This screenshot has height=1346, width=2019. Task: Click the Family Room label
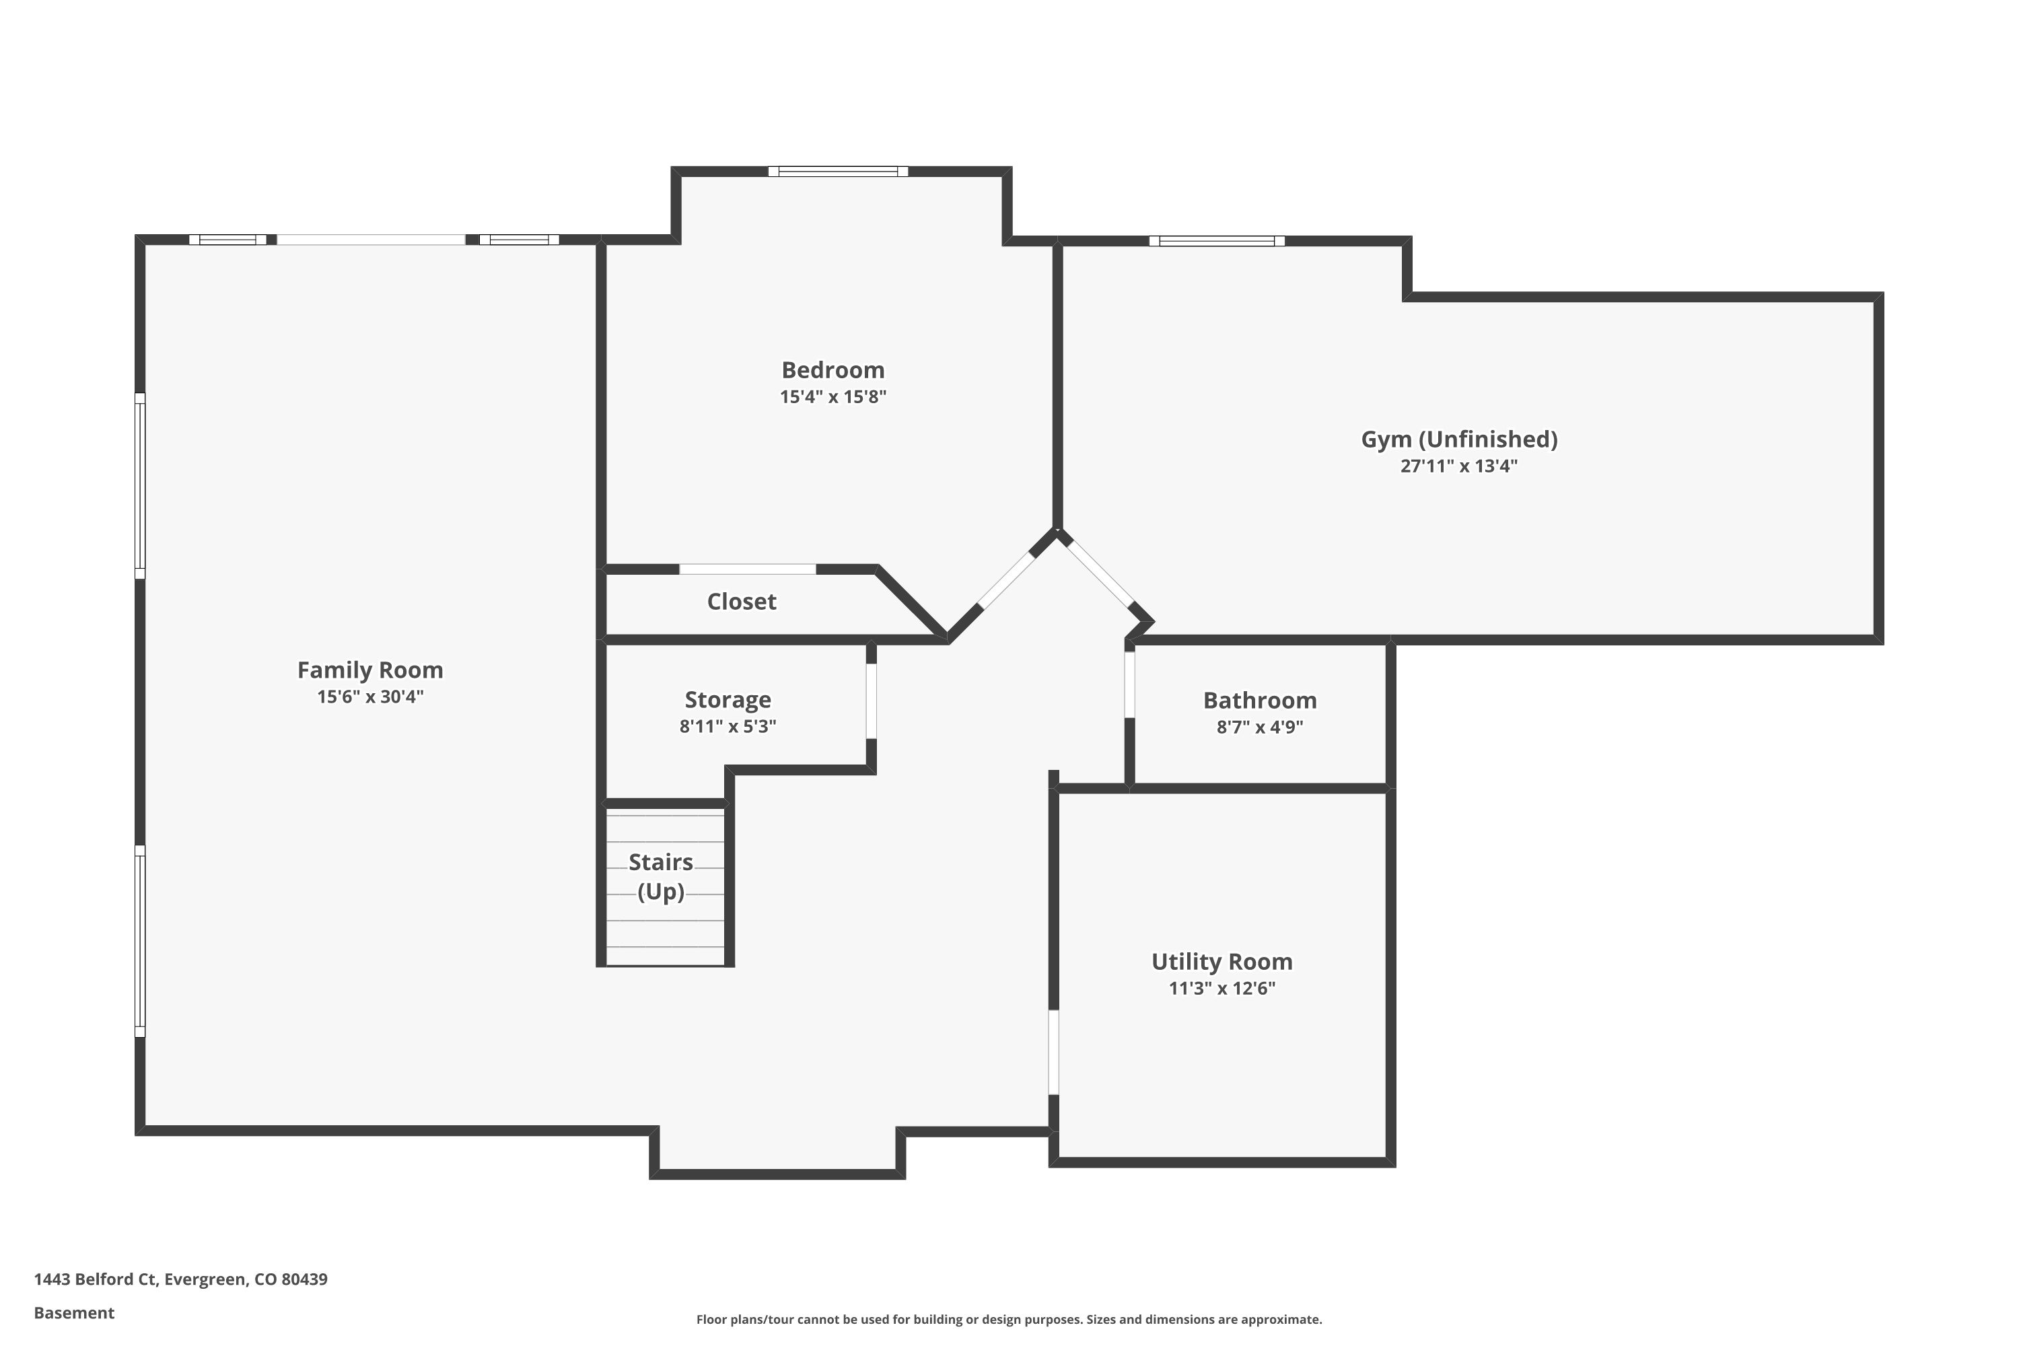[x=370, y=670]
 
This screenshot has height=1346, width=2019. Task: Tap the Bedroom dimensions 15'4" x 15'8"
[x=833, y=396]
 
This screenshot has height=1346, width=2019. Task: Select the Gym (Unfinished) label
[x=1458, y=439]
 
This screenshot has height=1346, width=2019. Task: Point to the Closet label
[x=741, y=602]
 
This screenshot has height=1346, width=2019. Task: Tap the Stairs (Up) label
[x=660, y=876]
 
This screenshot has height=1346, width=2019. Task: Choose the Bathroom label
[x=1259, y=701]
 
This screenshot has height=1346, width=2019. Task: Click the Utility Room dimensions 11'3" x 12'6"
[x=1221, y=988]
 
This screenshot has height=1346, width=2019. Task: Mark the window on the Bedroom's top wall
[x=838, y=172]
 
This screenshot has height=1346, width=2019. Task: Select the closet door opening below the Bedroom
[x=747, y=569]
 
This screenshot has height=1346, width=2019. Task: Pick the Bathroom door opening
[x=1130, y=685]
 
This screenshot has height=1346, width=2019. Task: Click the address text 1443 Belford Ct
[x=180, y=1279]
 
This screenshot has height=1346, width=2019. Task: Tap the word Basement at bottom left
[x=74, y=1312]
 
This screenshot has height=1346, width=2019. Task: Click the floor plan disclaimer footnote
[x=1009, y=1319]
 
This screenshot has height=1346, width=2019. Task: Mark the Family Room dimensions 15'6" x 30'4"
[x=370, y=696]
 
